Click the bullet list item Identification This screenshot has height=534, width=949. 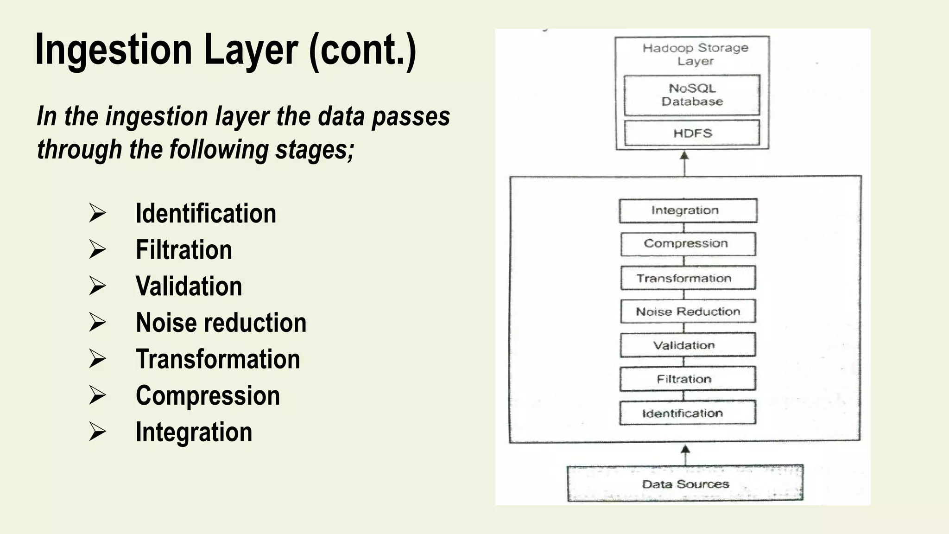click(x=206, y=214)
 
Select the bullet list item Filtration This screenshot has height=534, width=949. click(x=183, y=250)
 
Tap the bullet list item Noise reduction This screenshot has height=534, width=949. click(x=221, y=323)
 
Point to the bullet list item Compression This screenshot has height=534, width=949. click(x=208, y=396)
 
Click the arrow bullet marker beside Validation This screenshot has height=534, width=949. click(x=97, y=286)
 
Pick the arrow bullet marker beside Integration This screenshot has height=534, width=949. click(x=97, y=432)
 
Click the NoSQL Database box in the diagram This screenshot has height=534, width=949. click(x=692, y=95)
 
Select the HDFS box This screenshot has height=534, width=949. click(x=692, y=133)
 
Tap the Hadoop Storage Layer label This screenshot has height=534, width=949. click(x=695, y=54)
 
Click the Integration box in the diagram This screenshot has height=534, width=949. click(x=688, y=210)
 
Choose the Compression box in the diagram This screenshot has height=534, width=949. click(x=688, y=244)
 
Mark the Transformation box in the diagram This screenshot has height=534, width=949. click(x=688, y=278)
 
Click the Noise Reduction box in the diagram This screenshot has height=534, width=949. click(x=688, y=311)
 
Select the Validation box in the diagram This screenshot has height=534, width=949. click(x=688, y=345)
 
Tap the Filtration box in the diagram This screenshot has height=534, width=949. click(x=688, y=379)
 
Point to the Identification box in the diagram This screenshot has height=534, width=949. click(x=688, y=413)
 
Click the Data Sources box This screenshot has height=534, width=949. click(x=685, y=484)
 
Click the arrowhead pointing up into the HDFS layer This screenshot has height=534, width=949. click(x=684, y=156)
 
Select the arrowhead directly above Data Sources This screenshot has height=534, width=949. click(x=685, y=450)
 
